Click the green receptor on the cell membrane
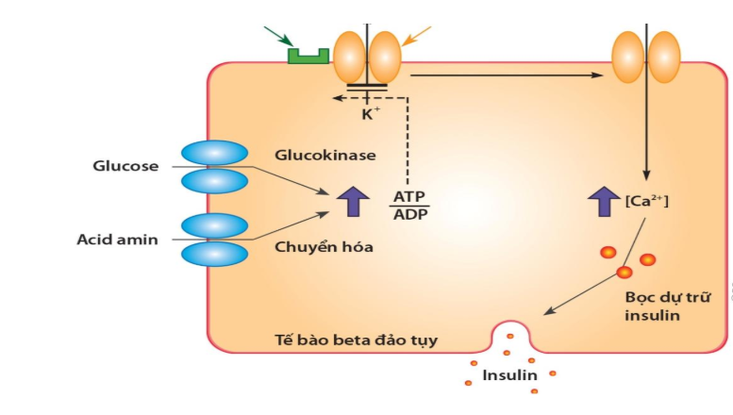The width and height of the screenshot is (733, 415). (x=308, y=56)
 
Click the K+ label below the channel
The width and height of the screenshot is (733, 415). (x=368, y=114)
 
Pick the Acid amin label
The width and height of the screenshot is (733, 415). (x=117, y=240)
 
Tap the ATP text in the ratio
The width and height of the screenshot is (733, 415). (x=408, y=197)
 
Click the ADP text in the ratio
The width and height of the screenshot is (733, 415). (x=408, y=214)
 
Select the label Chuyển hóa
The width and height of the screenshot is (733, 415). (x=312, y=248)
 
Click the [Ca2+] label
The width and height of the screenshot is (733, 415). (x=647, y=200)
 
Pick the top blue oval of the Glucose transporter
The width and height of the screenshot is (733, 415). (x=212, y=154)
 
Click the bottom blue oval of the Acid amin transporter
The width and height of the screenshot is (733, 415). (x=212, y=256)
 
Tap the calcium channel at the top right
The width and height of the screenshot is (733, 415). (x=646, y=56)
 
